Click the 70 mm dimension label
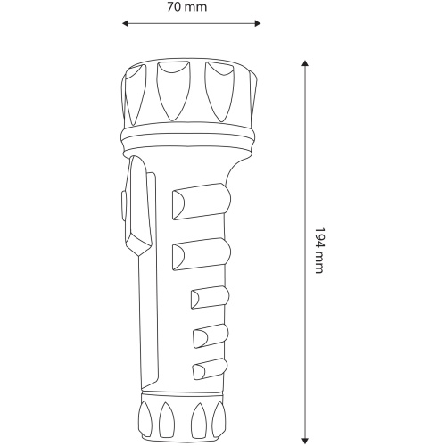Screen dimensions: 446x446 click(186, 7)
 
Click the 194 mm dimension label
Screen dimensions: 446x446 click(319, 251)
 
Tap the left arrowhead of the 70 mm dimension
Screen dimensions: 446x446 click(125, 23)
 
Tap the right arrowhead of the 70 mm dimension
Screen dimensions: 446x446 click(258, 23)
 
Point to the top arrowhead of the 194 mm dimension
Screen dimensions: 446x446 click(305, 63)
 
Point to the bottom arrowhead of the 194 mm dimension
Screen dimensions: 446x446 click(305, 441)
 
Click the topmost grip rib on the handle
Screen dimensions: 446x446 click(202, 202)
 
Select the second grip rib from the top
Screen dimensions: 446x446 click(202, 254)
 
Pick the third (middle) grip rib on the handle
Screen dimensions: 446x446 click(210, 298)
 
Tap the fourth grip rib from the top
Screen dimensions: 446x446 click(211, 336)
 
